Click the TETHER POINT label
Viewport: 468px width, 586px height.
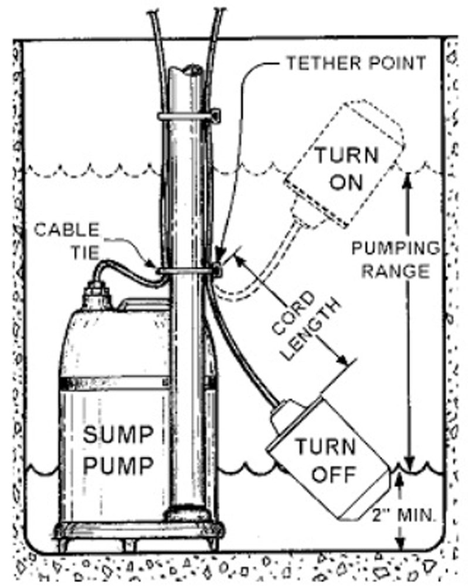[x=356, y=63]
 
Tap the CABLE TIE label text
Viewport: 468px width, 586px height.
[x=67, y=241]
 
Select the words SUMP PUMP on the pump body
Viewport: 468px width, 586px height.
[x=118, y=449]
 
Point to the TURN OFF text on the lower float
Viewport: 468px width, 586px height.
[x=325, y=461]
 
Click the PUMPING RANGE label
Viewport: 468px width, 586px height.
[x=396, y=260]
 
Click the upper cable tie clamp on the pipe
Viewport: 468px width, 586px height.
[x=189, y=116]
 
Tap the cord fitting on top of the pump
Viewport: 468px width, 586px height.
[x=97, y=295]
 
